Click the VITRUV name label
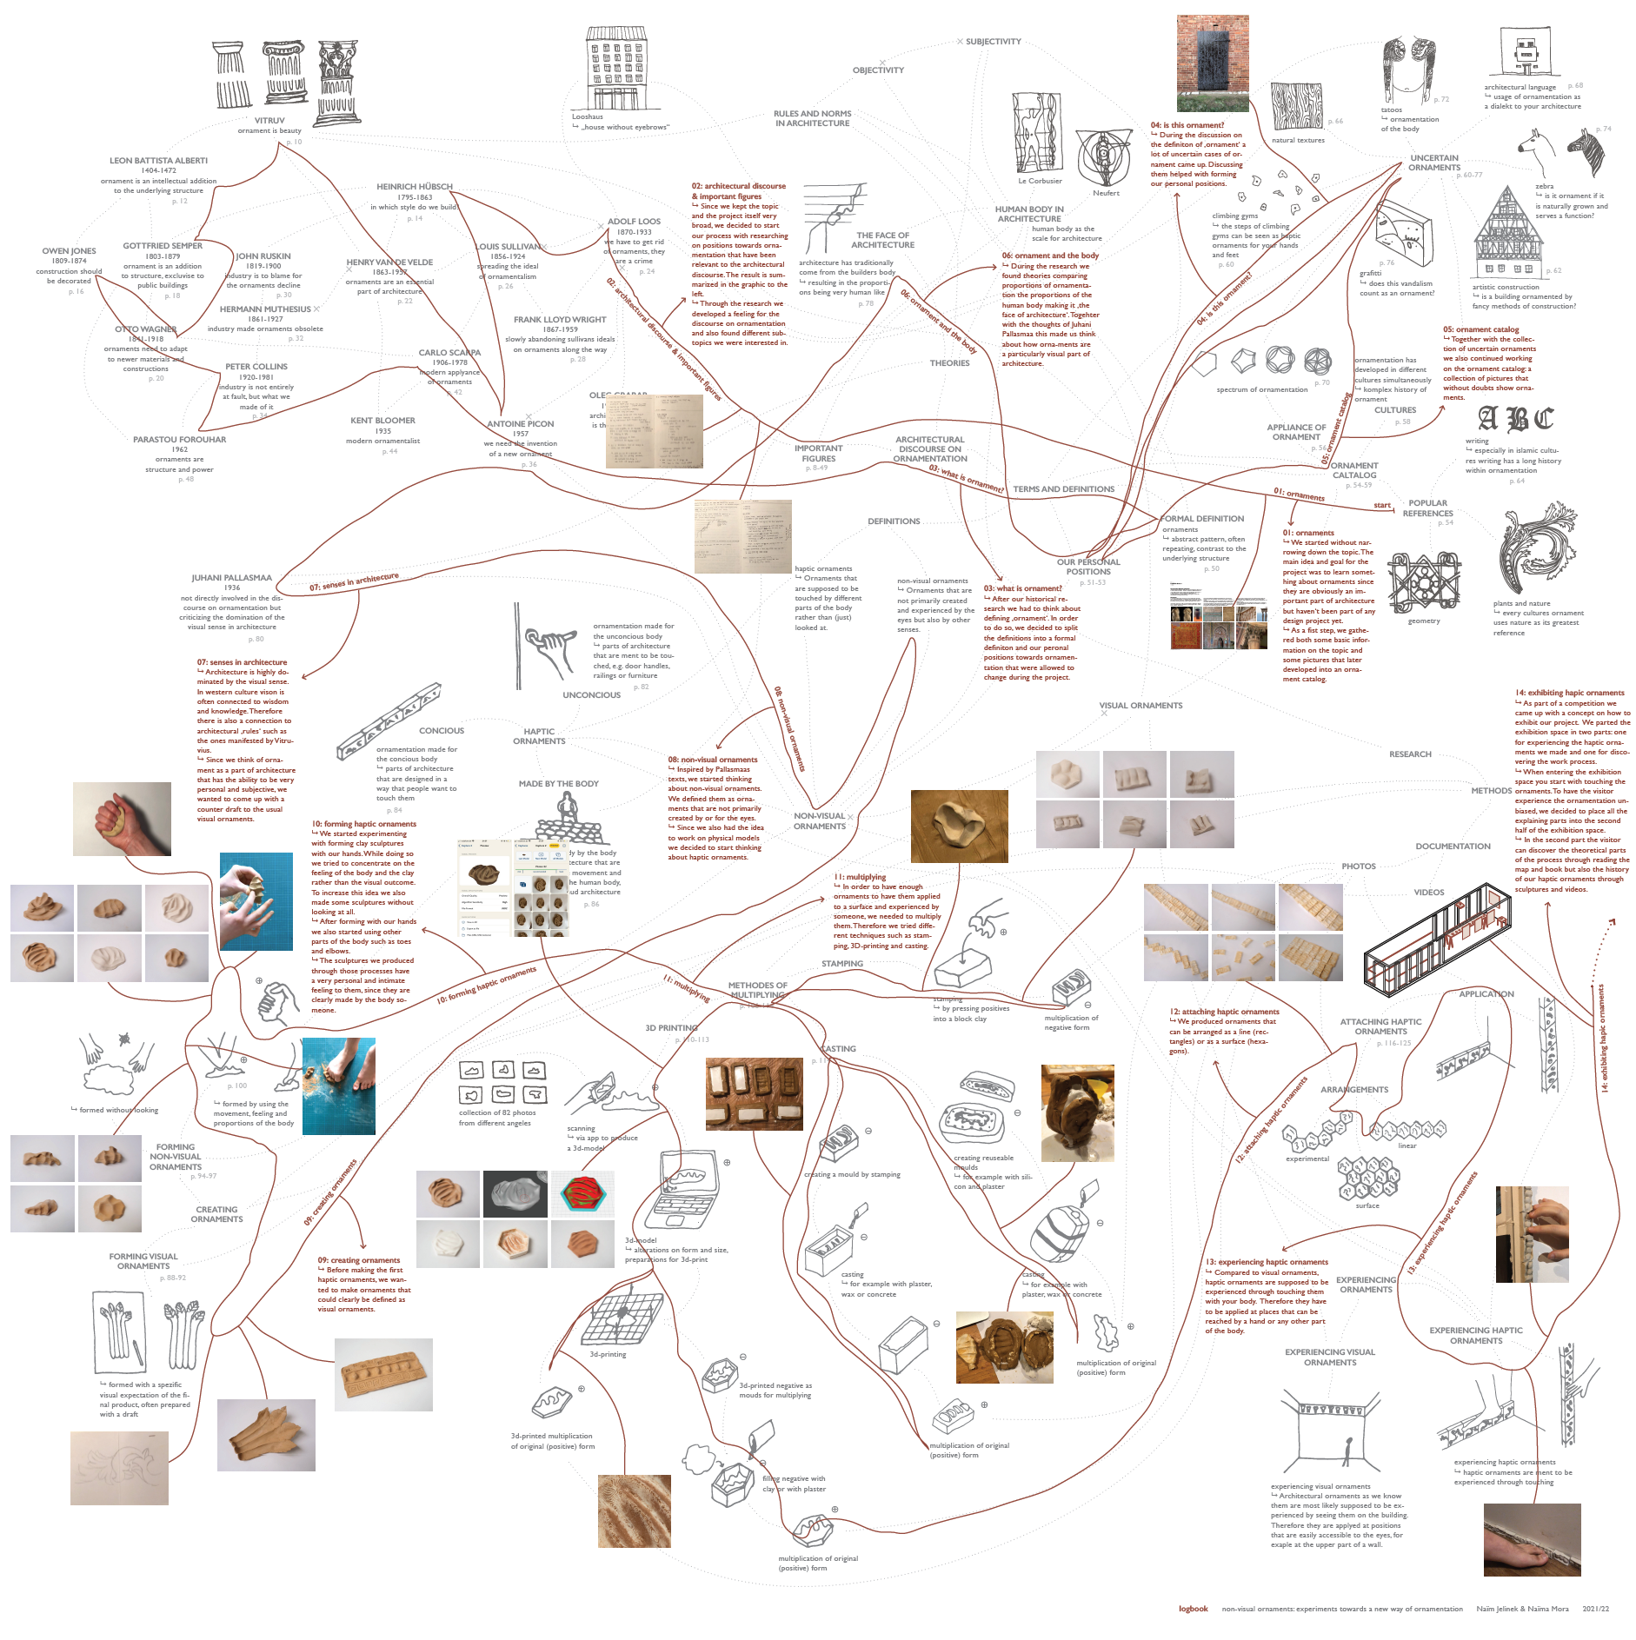[269, 121]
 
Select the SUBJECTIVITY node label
[993, 42]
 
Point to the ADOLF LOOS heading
[634, 222]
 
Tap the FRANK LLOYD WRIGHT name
[560, 320]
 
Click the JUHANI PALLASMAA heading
[231, 578]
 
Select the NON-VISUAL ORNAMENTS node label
[819, 821]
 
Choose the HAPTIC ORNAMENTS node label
[539, 736]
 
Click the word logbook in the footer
[1193, 1609]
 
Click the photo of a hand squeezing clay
[122, 819]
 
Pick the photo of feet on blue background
[339, 1086]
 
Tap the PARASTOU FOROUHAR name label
[179, 440]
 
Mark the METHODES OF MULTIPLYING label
[758, 990]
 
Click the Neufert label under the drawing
[1106, 193]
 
